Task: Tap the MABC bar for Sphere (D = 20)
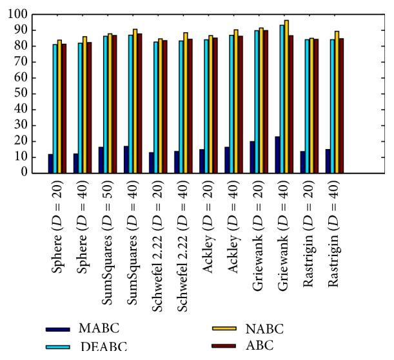pyautogui.click(x=50, y=163)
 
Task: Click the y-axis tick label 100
pyautogui.click(x=28, y=14)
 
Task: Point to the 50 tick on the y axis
pyautogui.click(x=30, y=94)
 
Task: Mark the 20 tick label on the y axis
pyautogui.click(x=30, y=141)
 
